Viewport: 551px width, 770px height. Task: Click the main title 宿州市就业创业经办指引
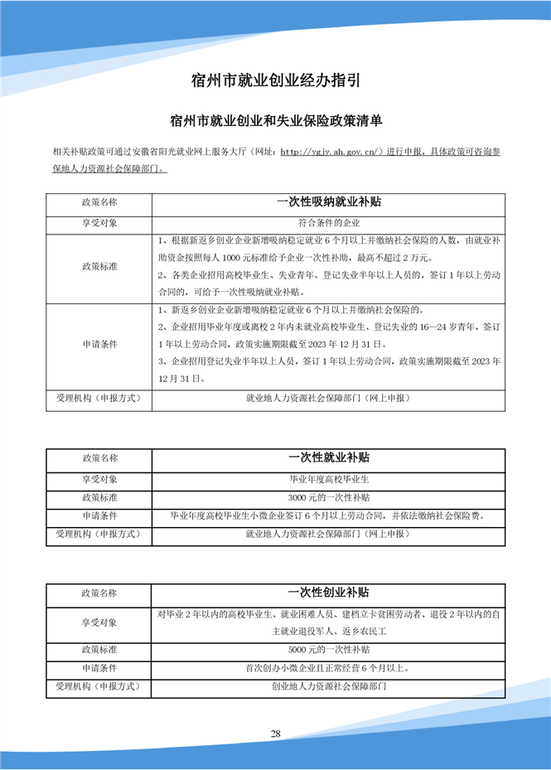[275, 80]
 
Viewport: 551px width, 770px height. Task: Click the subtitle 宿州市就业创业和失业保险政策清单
[275, 121]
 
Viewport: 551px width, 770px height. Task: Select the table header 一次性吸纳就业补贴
[328, 201]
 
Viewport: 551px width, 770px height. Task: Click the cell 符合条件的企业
[328, 223]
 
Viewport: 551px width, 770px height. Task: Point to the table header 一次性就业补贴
[328, 457]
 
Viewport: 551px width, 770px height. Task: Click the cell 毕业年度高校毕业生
[328, 478]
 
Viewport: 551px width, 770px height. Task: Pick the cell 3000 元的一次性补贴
[328, 497]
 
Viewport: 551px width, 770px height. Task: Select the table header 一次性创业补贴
[328, 593]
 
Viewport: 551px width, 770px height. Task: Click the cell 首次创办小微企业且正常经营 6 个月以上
[328, 667]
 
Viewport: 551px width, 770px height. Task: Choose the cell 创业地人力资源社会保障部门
[328, 686]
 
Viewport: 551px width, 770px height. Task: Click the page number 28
[276, 734]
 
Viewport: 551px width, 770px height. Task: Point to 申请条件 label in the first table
[99, 345]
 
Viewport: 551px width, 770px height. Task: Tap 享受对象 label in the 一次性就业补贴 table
[99, 478]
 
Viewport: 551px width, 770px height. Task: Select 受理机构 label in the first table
[99, 398]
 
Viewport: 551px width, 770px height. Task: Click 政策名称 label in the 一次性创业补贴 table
[99, 593]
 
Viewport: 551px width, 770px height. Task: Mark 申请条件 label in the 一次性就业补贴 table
[99, 516]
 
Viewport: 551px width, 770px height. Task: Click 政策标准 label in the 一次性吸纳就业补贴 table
[99, 266]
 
